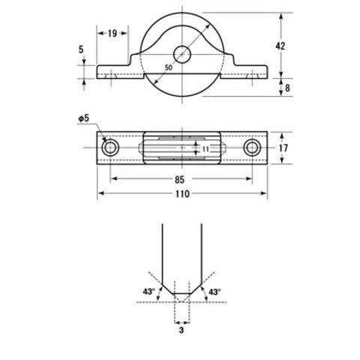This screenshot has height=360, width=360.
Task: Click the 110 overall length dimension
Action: [182, 194]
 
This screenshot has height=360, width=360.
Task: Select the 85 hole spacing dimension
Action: [180, 179]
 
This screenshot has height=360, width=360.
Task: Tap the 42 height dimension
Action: [280, 46]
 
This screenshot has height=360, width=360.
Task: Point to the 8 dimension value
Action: [287, 88]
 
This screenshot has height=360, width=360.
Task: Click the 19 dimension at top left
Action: [112, 33]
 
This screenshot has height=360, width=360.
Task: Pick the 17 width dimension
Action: [283, 148]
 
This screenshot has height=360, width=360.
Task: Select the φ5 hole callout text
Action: [84, 118]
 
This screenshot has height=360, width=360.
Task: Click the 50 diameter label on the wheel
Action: [169, 67]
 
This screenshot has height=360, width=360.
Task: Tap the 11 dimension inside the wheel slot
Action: [205, 149]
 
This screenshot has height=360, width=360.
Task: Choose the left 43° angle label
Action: [149, 292]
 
